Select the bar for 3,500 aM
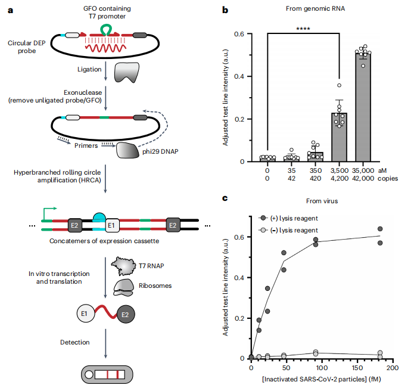[338, 138]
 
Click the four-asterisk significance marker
[303, 27]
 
